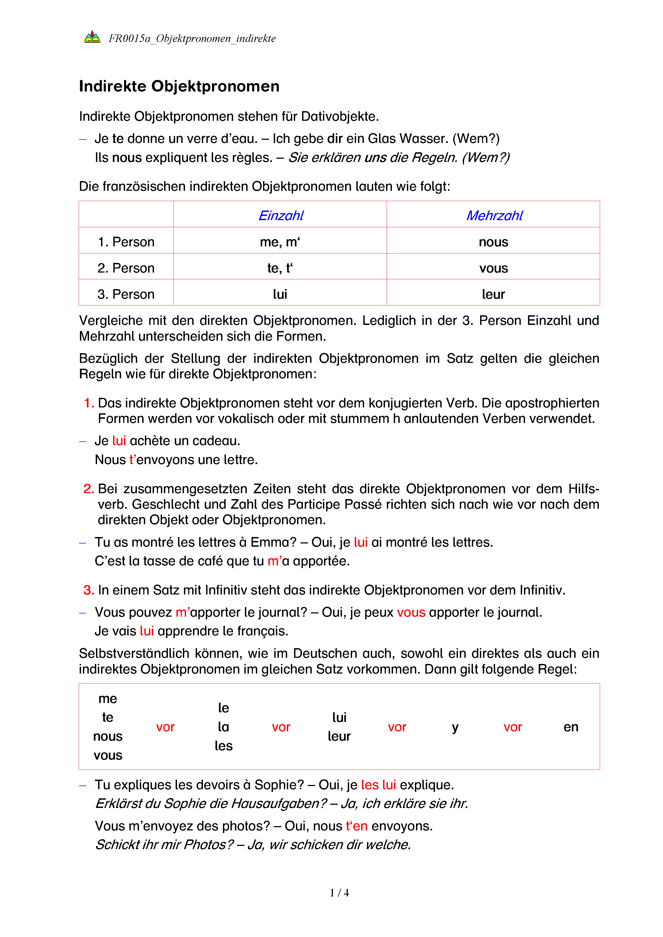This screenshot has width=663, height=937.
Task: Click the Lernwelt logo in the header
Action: coord(92,37)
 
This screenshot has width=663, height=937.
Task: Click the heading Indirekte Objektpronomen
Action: coord(179,87)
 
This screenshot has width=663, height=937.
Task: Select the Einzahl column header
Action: coord(281,215)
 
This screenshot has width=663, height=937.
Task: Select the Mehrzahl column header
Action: coord(494,215)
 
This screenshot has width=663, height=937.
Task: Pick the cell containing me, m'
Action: coord(280,242)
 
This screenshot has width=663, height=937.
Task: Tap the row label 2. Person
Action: coord(126,268)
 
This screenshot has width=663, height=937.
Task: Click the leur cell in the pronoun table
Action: coord(493,294)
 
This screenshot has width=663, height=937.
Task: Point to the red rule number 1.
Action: coord(88,403)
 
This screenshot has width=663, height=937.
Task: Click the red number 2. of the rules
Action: coord(88,489)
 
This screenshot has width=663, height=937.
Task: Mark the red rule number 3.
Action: coord(88,590)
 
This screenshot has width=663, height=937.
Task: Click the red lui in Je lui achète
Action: coord(119,441)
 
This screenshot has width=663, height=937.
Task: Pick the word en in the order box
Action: coord(571,727)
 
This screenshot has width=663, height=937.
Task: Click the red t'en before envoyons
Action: coord(356,826)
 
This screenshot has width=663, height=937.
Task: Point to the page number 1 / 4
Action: coord(339,893)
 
